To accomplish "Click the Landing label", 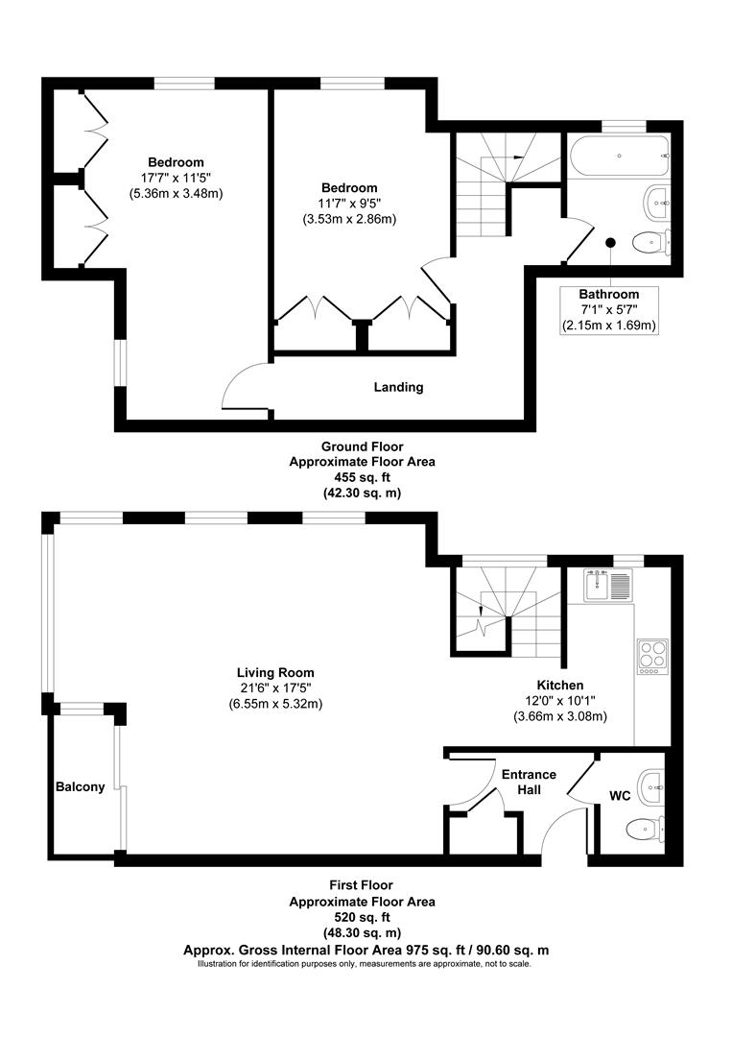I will [x=398, y=388].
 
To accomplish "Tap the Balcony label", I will [x=80, y=787].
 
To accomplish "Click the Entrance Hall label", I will [x=529, y=782].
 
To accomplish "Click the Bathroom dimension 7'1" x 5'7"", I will [x=608, y=310].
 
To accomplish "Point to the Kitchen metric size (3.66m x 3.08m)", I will [x=560, y=716].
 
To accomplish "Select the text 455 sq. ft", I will [x=362, y=477].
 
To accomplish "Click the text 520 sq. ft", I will [x=362, y=917].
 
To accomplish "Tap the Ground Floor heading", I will [x=362, y=446].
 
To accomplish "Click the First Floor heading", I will [x=362, y=885].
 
